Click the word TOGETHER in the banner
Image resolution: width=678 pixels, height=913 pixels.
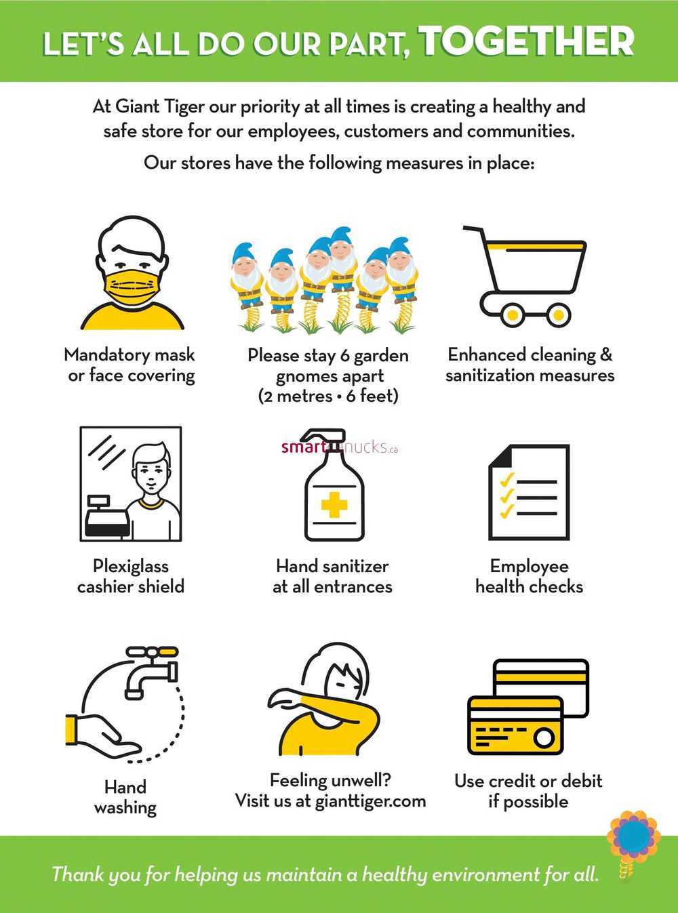(529, 41)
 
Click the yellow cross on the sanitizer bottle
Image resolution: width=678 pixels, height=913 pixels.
(334, 504)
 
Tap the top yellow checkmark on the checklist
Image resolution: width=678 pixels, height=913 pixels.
(506, 479)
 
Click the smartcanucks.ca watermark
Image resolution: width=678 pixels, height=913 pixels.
(340, 447)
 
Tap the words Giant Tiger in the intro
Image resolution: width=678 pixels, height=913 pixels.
(159, 107)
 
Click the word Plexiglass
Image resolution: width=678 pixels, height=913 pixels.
(131, 567)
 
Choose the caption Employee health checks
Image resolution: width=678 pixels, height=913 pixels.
(530, 576)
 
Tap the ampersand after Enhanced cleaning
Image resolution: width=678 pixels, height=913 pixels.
(605, 354)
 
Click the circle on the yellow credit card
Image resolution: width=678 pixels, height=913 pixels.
(543, 738)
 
